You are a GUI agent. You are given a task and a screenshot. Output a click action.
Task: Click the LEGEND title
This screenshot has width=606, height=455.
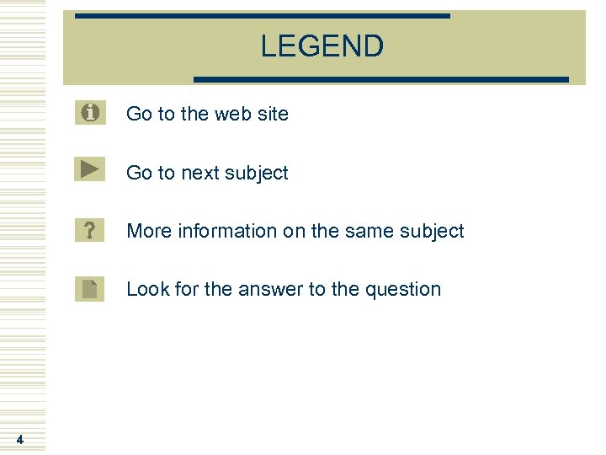point(322,46)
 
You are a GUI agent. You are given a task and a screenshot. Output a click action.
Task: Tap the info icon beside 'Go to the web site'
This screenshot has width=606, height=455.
point(90,111)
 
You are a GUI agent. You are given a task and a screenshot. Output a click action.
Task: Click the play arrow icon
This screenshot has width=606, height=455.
point(90,169)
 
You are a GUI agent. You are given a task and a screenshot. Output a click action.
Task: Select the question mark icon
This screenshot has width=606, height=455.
point(90,229)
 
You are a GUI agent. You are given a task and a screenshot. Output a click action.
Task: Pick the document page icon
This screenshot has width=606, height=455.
point(90,288)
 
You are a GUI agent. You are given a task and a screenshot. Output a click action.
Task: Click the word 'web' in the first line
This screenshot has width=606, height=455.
point(232,114)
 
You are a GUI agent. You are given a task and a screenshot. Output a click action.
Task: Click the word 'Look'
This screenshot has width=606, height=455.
point(146,289)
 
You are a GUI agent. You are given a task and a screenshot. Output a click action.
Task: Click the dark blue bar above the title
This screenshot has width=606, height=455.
point(262,16)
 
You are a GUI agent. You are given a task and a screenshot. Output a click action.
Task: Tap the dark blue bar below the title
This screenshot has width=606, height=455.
point(381,79)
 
